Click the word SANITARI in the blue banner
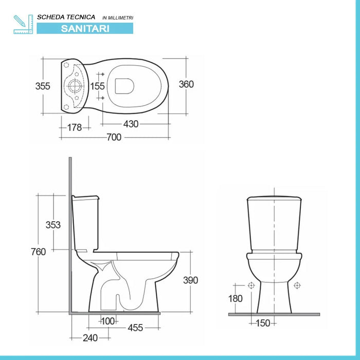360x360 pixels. pos(85,28)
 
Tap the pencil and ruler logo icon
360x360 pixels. pos(23,24)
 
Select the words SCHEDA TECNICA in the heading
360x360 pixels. pos(66,17)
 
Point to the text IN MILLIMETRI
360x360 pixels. pos(118,17)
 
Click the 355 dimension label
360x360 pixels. pos(43,86)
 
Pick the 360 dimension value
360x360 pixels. pos(186,84)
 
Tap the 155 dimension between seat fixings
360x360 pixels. pos(97,86)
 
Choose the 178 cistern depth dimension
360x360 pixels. pos(75,128)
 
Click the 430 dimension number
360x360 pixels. pos(131,124)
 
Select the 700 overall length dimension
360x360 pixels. pos(114,137)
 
